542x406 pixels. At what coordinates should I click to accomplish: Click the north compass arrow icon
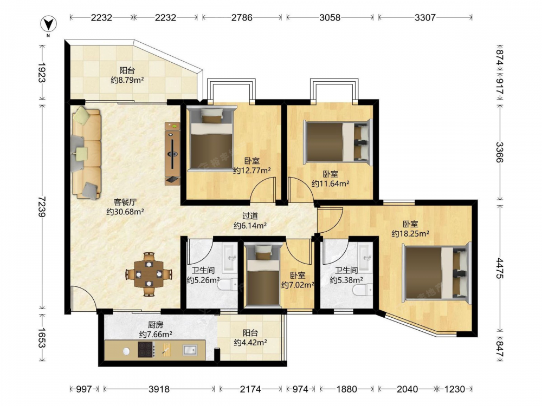(49, 24)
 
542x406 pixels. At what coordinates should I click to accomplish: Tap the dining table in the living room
(149, 274)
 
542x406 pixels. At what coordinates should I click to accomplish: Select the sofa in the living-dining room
(86, 153)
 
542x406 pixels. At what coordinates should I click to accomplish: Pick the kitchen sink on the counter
(190, 350)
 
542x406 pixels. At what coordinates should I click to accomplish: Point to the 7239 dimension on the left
(42, 206)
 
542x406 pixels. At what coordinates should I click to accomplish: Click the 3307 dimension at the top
(425, 17)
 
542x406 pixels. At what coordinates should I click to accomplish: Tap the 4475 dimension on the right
(500, 268)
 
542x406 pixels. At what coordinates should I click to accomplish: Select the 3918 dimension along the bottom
(159, 389)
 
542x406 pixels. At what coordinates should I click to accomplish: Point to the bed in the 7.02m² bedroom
(263, 275)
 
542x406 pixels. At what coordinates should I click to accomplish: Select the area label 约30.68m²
(125, 212)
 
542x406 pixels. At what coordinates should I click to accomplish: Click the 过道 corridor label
(250, 216)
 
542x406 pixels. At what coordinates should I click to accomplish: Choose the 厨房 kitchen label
(156, 325)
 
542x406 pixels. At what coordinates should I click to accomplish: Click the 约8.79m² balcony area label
(127, 80)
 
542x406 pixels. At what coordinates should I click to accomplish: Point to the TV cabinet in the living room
(172, 154)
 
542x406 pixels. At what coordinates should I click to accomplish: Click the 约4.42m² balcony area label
(250, 343)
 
